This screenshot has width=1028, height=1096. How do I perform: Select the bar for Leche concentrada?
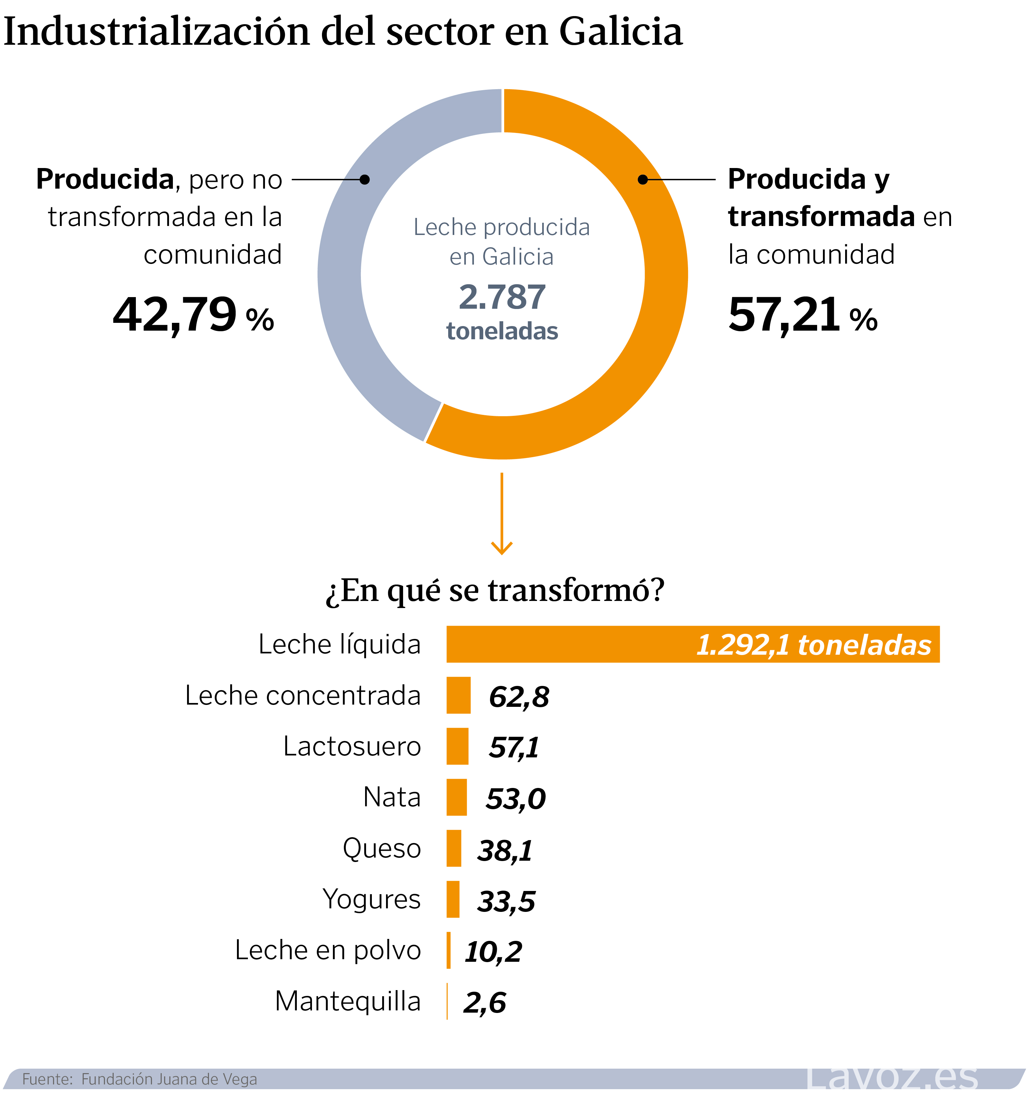(x=458, y=695)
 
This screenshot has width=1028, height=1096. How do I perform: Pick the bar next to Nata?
(x=457, y=797)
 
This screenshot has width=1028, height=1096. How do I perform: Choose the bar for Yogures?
(x=453, y=899)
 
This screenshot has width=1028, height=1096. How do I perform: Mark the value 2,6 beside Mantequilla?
(x=484, y=1002)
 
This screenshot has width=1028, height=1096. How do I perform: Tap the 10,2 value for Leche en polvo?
(x=493, y=951)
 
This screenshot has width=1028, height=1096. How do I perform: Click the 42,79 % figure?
(x=193, y=315)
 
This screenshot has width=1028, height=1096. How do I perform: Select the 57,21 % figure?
(x=802, y=315)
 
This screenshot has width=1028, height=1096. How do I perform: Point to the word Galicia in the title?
(x=621, y=32)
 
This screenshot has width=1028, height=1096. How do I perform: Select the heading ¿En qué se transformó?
(x=495, y=590)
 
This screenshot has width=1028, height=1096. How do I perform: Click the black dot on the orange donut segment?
(x=643, y=180)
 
